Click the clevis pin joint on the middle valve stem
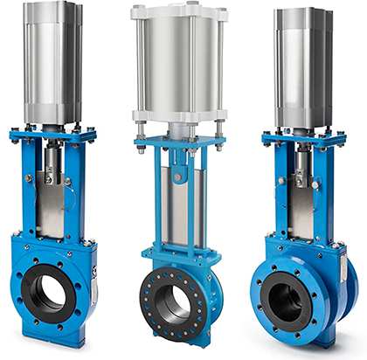(177, 177)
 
